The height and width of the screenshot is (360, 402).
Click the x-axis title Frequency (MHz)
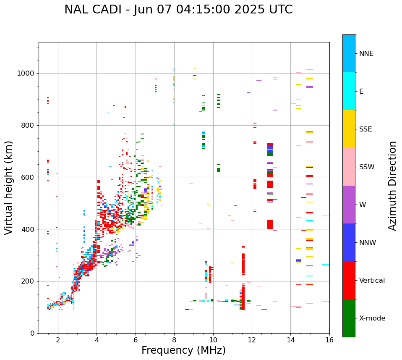[183, 350]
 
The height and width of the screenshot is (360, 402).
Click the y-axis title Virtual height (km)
[9, 187]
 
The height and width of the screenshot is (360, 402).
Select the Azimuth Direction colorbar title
[392, 186]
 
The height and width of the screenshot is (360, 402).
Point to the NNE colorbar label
[366, 54]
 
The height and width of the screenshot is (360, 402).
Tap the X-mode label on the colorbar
[372, 318]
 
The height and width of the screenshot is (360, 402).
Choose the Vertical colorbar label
[372, 281]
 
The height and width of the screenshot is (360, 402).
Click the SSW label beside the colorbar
[367, 167]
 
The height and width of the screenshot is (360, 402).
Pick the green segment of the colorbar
[349, 318]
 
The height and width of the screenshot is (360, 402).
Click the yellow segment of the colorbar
[349, 129]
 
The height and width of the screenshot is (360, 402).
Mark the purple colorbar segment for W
[349, 205]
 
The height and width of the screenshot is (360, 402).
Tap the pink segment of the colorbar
[349, 167]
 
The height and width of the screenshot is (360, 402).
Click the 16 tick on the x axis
[329, 340]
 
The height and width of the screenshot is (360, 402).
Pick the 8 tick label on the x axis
[174, 340]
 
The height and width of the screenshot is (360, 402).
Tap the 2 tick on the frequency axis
[58, 340]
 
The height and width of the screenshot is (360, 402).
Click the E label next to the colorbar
[361, 92]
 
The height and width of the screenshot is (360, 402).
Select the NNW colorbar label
[368, 243]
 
